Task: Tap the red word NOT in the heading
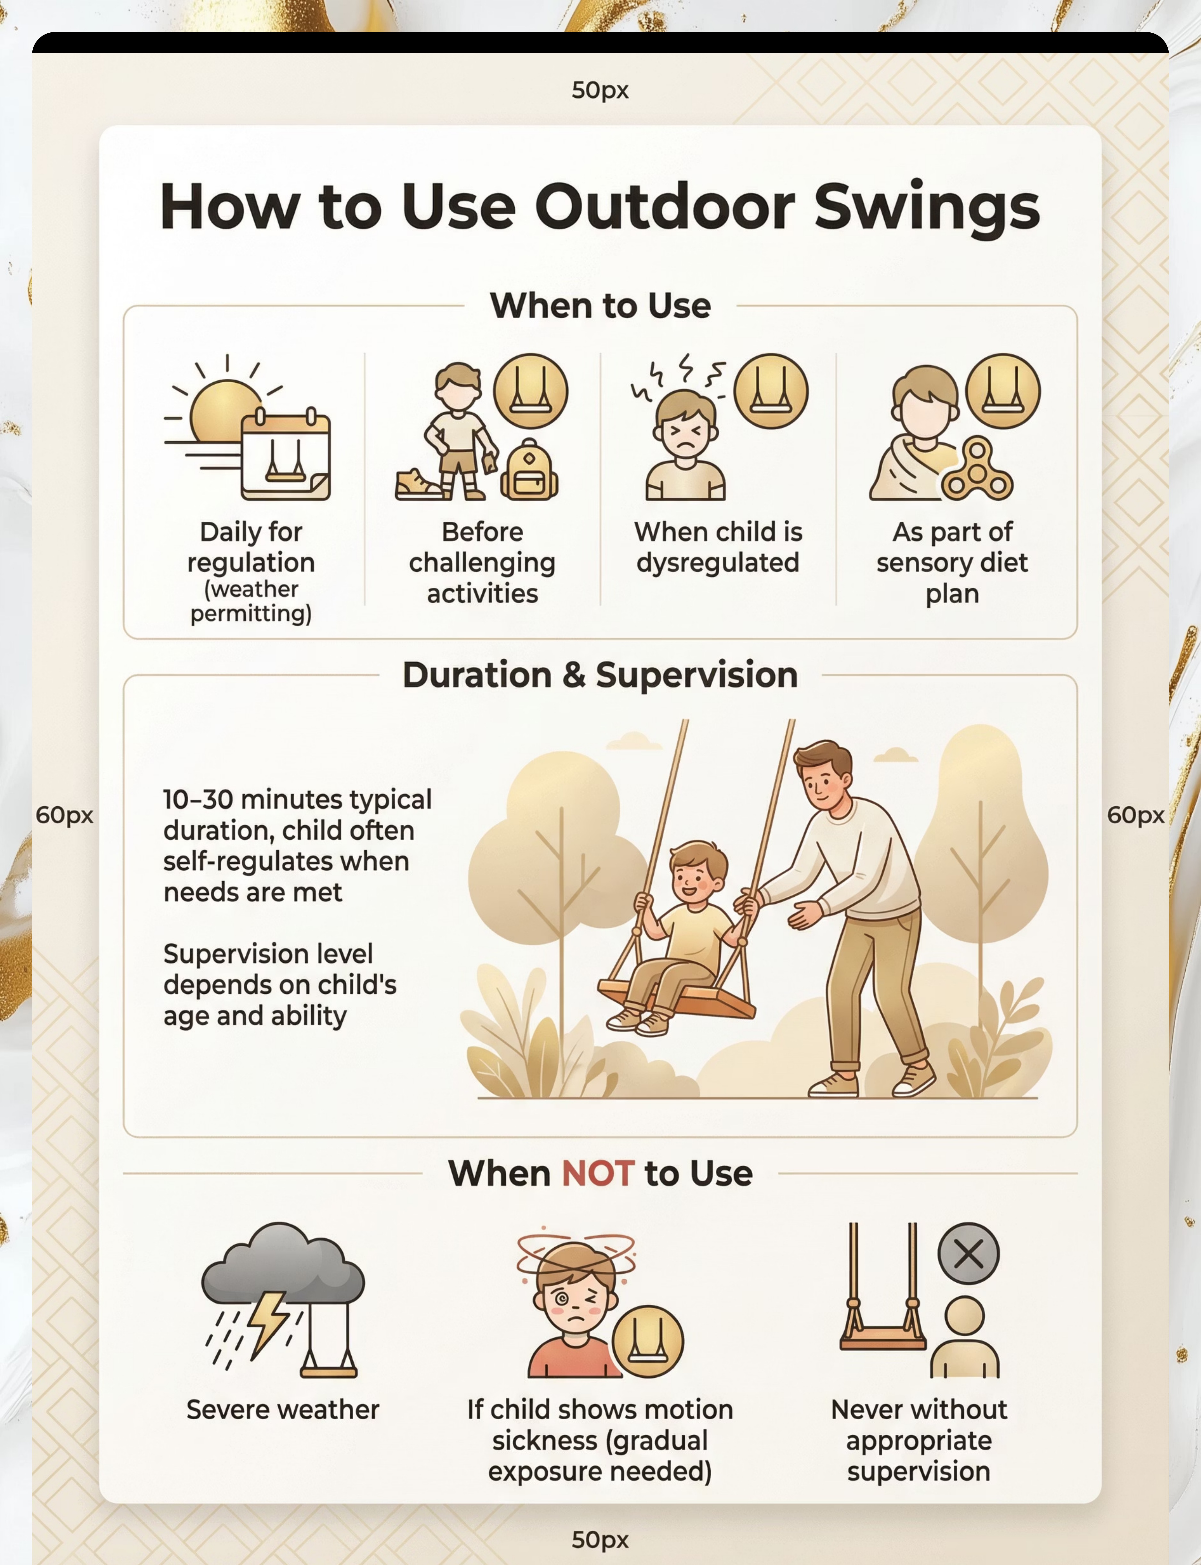point(598,1173)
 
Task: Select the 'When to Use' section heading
point(600,306)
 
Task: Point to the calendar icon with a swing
point(285,456)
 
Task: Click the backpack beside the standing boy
point(529,469)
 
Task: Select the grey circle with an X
point(969,1253)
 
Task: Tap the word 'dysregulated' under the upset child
point(718,563)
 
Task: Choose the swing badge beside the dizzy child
point(648,1341)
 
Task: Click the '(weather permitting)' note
point(251,602)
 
